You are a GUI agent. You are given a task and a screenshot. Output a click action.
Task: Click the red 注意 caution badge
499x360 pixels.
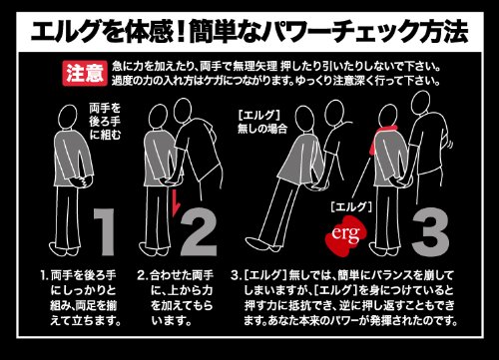click(85, 73)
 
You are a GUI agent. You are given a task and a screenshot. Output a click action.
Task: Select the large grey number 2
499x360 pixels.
click(199, 232)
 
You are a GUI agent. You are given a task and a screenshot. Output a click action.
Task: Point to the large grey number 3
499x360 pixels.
click(430, 232)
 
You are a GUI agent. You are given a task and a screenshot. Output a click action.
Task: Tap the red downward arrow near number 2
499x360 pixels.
click(175, 202)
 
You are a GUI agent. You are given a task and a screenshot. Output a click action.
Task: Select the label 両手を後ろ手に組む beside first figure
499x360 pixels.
click(105, 122)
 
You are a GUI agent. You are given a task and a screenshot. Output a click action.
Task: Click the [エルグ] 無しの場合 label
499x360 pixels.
click(262, 122)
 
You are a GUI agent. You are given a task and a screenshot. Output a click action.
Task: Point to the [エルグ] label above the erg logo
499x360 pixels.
click(351, 206)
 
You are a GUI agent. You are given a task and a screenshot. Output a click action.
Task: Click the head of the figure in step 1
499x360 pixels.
click(68, 117)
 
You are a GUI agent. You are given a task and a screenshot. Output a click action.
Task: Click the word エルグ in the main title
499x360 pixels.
click(66, 32)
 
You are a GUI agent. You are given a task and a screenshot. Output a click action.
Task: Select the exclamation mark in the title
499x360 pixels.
click(181, 32)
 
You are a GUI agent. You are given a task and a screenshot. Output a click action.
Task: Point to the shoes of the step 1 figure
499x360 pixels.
click(65, 249)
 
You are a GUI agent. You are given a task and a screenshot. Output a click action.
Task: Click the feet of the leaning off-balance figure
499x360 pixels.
click(262, 244)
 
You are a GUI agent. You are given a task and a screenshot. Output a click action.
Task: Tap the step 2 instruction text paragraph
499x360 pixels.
click(176, 298)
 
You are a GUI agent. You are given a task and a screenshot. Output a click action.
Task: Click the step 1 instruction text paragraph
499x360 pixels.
click(81, 298)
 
